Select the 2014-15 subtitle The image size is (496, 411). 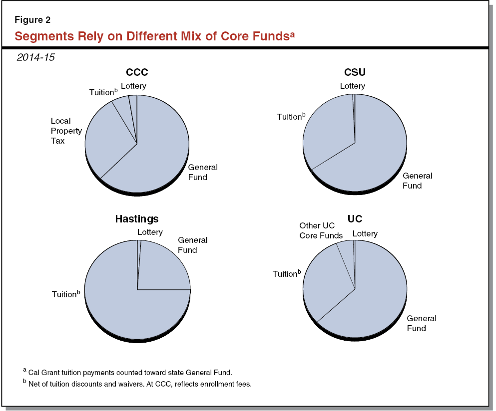(35, 57)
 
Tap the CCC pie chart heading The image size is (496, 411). (136, 73)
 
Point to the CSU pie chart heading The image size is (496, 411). (354, 73)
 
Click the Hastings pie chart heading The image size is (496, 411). (137, 219)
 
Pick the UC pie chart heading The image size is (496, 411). (355, 219)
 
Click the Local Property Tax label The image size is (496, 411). (66, 131)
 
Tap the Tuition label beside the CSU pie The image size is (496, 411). (291, 117)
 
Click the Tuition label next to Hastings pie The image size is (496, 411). (65, 294)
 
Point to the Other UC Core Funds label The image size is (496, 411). (321, 230)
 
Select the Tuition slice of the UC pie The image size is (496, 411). (325, 284)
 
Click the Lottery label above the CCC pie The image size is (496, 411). (133, 86)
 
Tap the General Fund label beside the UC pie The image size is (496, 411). (421, 323)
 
